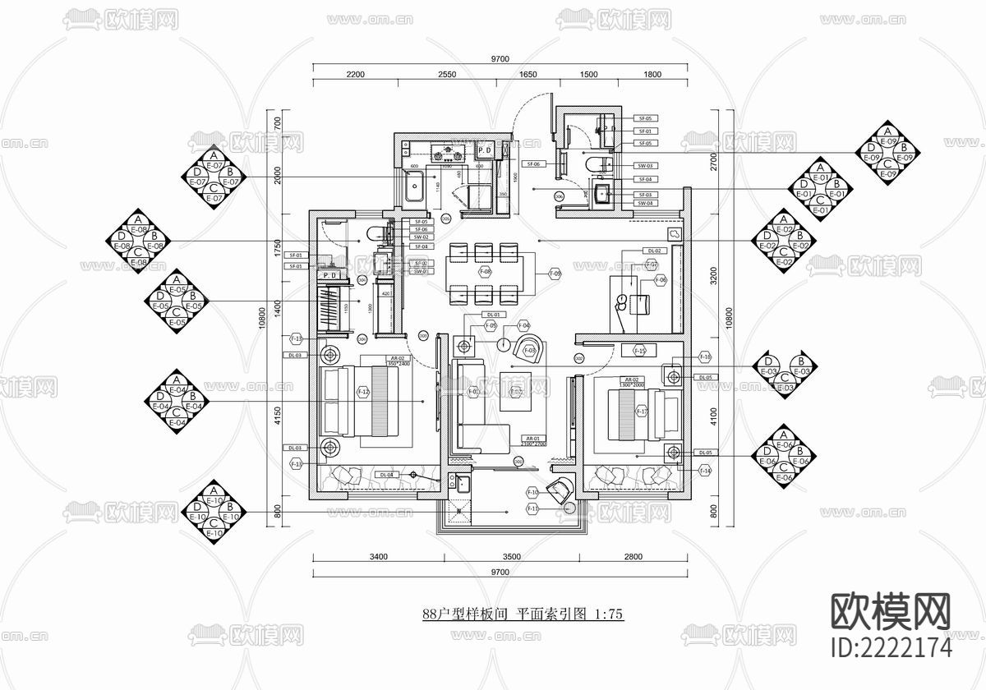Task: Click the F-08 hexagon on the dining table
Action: click(x=485, y=271)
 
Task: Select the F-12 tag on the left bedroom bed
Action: click(x=363, y=393)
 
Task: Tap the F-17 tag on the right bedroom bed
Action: click(x=643, y=412)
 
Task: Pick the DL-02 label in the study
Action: click(x=655, y=251)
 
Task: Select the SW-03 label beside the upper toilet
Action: click(x=645, y=165)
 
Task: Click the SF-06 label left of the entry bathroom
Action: click(x=532, y=164)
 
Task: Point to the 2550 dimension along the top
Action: click(x=446, y=74)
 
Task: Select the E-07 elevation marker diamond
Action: click(x=213, y=177)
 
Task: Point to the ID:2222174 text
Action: click(x=891, y=647)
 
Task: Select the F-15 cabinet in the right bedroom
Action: click(x=640, y=352)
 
